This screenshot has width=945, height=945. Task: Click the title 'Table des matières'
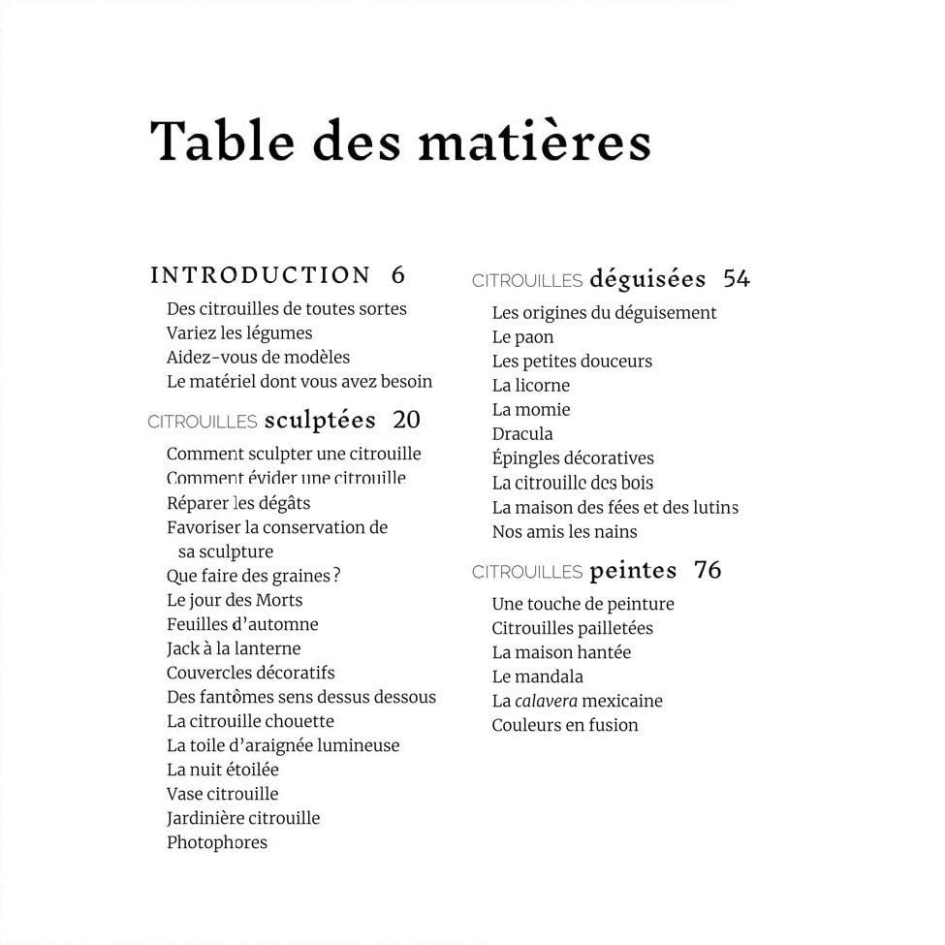[x=400, y=141]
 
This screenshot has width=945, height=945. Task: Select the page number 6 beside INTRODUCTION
[x=398, y=275]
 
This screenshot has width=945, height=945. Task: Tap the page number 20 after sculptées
[x=407, y=420]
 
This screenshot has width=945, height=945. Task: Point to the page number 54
[x=737, y=279]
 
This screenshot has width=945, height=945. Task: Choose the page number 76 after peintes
[x=709, y=570]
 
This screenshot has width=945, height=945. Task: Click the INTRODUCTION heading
[x=261, y=275]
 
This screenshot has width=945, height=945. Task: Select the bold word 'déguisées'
[x=647, y=279]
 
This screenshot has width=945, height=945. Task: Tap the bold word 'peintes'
[x=633, y=570]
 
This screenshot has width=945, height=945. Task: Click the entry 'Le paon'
[x=522, y=337]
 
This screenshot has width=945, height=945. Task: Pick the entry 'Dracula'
[x=522, y=434]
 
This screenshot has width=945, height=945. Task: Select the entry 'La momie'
[x=531, y=410]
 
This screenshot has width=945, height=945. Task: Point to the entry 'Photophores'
[x=217, y=842]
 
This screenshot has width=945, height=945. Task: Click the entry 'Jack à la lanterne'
[x=234, y=648]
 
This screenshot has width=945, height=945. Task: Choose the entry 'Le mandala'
[x=537, y=677]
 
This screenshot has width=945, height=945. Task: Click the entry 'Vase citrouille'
[x=222, y=794]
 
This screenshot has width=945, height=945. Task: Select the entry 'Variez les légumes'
[x=239, y=332]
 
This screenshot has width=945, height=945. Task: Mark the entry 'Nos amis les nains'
[x=564, y=531]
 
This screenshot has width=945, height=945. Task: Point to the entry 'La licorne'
[x=530, y=386]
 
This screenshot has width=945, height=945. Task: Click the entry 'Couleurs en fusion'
[x=565, y=725]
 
